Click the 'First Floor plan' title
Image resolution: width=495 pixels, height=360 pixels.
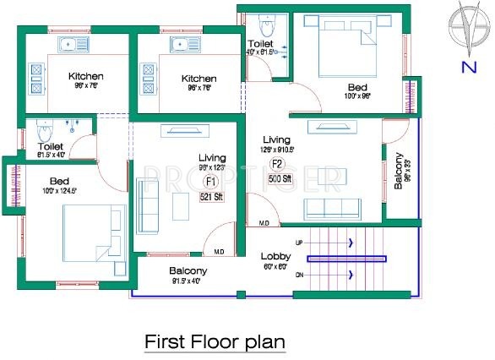click(x=215, y=341)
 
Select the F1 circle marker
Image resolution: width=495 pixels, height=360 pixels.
click(x=210, y=181)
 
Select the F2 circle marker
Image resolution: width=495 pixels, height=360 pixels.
click(x=275, y=164)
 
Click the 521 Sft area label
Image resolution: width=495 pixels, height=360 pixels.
click(x=210, y=197)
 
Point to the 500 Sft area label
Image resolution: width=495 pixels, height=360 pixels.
click(x=279, y=179)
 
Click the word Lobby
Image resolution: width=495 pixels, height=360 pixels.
click(x=275, y=255)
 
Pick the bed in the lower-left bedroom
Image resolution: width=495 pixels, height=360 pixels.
click(x=93, y=232)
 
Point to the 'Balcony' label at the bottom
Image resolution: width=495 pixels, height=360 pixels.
click(x=188, y=270)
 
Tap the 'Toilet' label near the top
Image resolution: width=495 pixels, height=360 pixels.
click(x=259, y=43)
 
